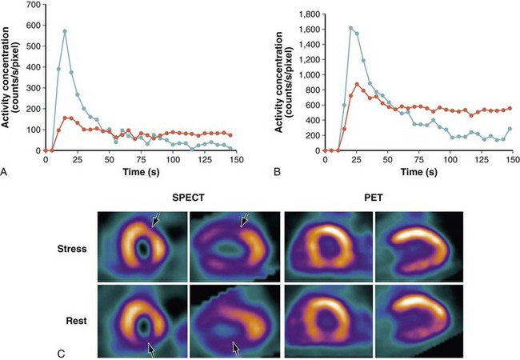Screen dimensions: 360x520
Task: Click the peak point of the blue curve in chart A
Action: (x=65, y=31)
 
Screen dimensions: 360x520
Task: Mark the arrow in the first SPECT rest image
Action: (x=151, y=348)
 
